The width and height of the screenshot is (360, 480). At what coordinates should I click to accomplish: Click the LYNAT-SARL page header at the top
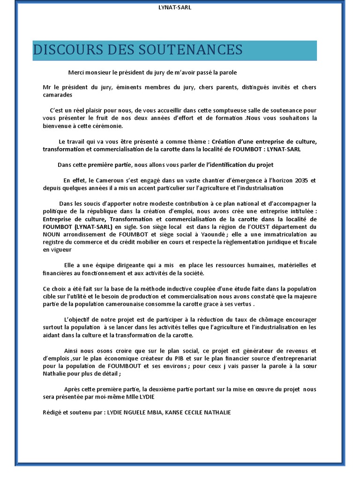(174, 7)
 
